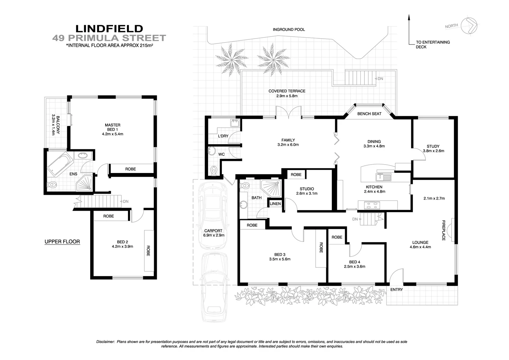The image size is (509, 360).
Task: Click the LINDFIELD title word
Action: coord(109,29)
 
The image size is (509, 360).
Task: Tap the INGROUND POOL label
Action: coord(289,30)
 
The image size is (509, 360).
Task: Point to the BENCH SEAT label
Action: coord(369,114)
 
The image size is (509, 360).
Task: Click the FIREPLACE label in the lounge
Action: coord(444,230)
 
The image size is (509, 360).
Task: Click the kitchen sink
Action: coord(383,177)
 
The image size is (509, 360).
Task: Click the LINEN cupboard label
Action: coord(275,204)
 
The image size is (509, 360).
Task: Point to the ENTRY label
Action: coord(396,289)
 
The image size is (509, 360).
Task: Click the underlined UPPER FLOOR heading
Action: coord(62,242)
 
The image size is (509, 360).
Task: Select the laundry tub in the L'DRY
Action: coord(234,123)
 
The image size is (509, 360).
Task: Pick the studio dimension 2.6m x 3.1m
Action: coord(306,193)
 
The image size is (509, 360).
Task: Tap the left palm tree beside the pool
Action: coord(227,58)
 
